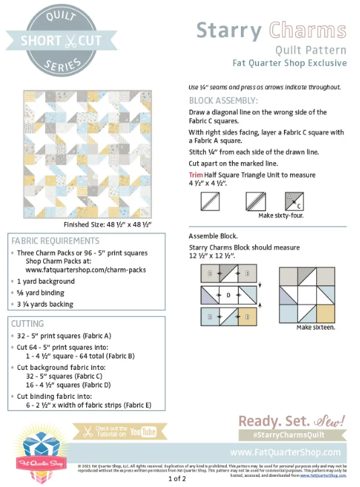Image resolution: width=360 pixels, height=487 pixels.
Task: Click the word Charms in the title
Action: [308, 30]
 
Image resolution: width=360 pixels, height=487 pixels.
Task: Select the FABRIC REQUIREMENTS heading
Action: [55, 240]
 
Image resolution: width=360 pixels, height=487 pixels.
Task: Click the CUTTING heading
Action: [28, 324]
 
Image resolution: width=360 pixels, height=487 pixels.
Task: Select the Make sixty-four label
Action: [280, 215]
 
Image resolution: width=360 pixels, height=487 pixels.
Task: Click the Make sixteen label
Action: [316, 327]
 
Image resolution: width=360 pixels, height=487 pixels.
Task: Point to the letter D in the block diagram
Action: [228, 295]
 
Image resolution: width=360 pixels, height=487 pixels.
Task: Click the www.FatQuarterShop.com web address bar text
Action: [285, 452]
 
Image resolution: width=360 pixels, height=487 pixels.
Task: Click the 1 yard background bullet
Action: [46, 281]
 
